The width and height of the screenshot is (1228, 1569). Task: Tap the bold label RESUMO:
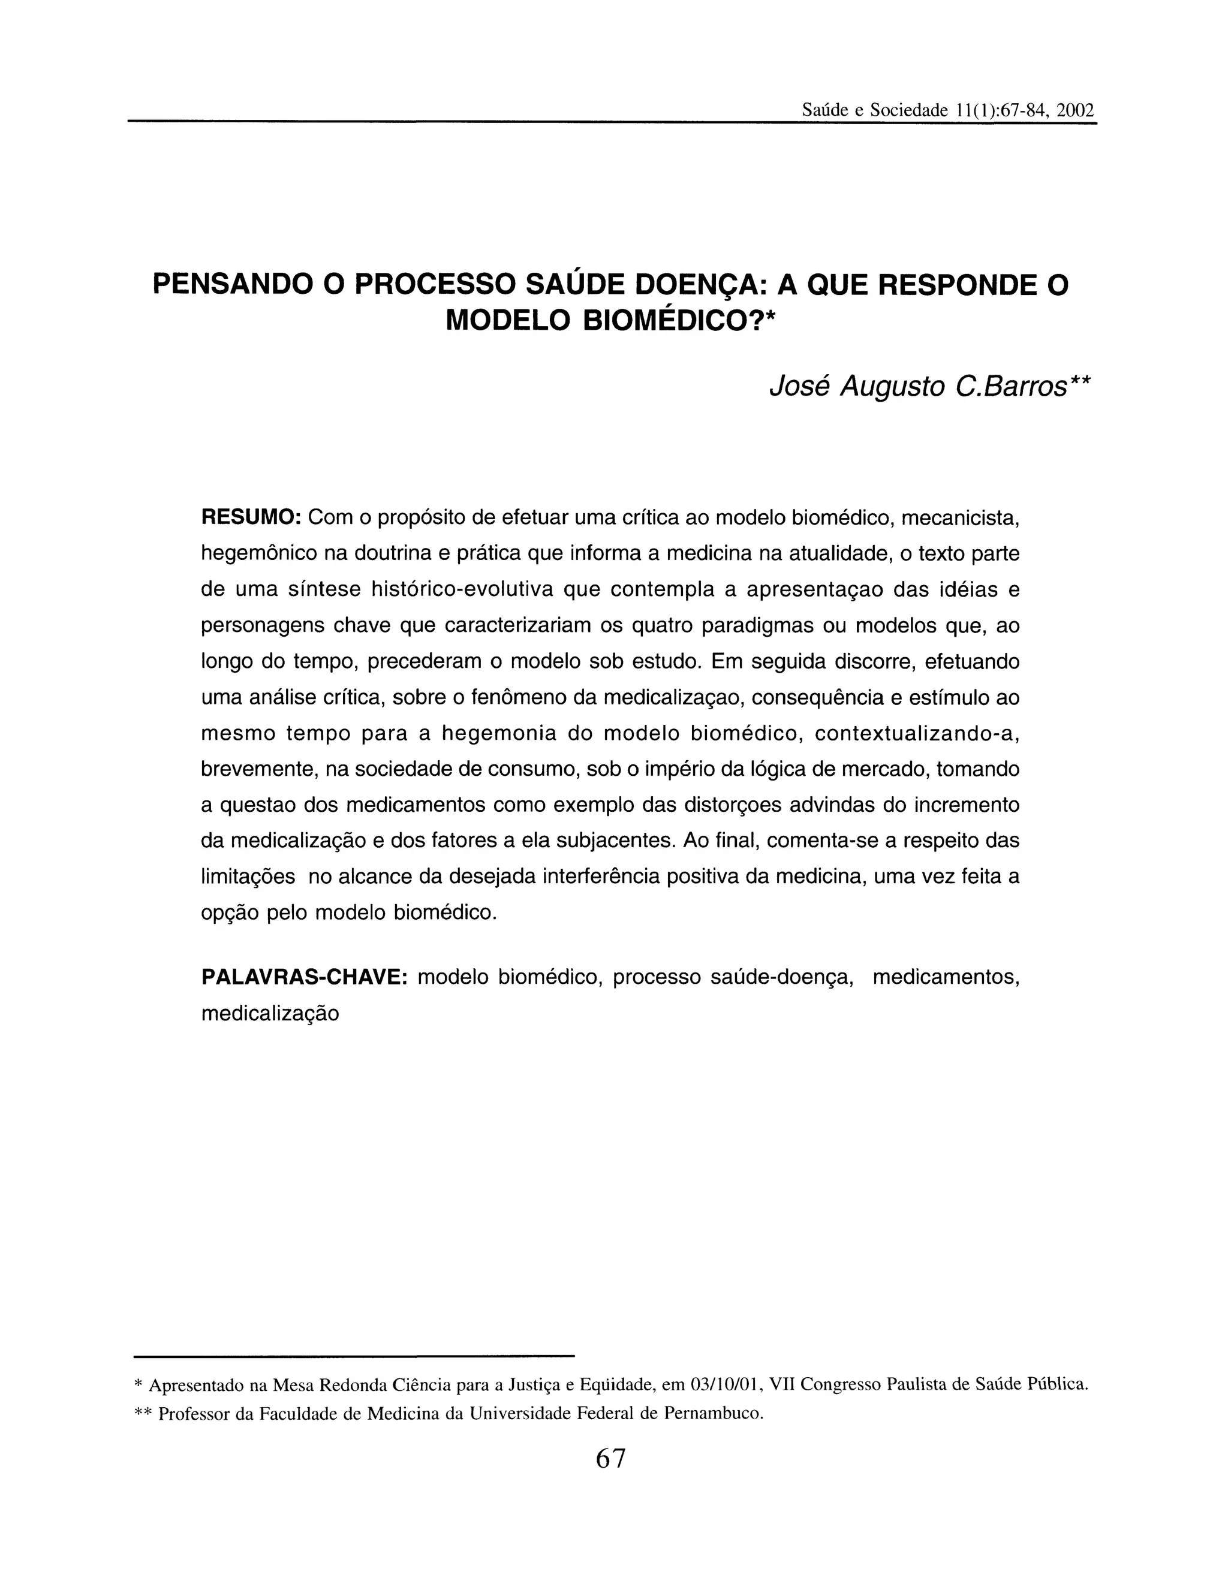coord(250,517)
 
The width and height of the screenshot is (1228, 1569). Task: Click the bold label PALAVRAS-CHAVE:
coord(305,977)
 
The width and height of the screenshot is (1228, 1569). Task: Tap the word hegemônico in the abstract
coord(257,554)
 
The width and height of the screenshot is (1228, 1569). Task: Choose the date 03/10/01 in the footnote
coord(726,1384)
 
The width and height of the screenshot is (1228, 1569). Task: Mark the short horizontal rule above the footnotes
coord(354,1356)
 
